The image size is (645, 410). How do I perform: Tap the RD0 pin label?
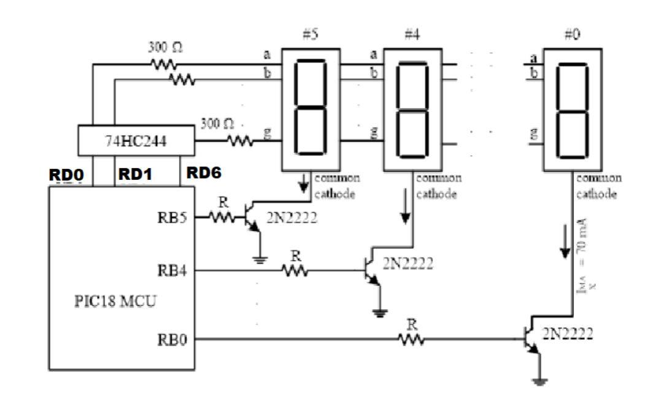click(x=66, y=176)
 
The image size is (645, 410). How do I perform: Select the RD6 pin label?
click(x=202, y=174)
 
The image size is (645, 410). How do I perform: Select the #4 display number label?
click(x=411, y=36)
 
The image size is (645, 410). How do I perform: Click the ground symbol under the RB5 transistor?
click(x=260, y=259)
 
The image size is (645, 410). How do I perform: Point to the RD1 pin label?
click(x=134, y=175)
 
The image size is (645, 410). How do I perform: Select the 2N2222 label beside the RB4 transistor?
click(x=407, y=263)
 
